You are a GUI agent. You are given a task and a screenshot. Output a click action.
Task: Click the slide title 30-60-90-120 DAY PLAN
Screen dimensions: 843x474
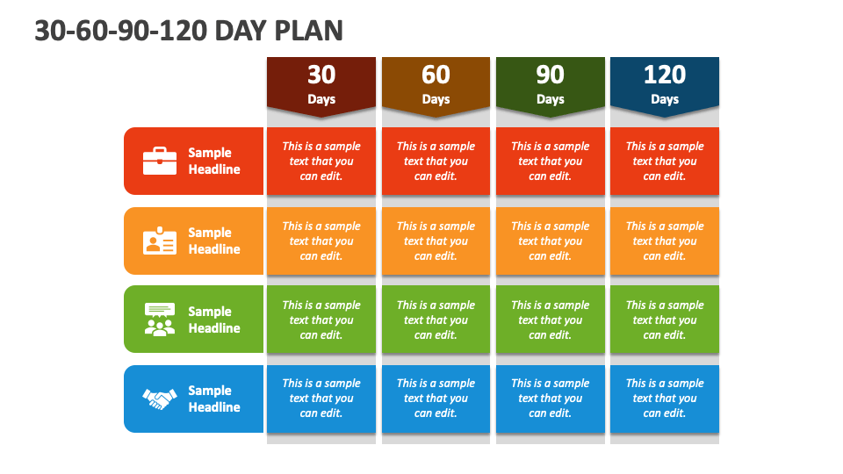[189, 31]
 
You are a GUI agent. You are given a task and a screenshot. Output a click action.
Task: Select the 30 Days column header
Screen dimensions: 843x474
[321, 86]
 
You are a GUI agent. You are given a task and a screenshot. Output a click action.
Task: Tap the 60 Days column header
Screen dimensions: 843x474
[436, 86]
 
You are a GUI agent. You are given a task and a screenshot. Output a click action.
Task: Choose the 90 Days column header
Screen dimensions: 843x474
[551, 86]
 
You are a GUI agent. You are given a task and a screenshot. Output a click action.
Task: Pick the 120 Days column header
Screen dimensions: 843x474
[665, 86]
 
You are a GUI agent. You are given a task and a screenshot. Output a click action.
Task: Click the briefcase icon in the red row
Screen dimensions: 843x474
[160, 161]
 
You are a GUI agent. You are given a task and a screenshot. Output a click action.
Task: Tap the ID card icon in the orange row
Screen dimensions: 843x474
[160, 241]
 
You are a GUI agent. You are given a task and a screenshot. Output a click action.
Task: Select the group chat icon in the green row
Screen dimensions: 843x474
[160, 320]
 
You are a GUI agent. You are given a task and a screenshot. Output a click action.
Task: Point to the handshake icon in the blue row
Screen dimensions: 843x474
[160, 399]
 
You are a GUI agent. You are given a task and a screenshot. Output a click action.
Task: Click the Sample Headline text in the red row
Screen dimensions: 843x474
[214, 161]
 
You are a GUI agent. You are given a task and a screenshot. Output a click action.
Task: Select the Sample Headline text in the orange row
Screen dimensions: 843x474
[214, 241]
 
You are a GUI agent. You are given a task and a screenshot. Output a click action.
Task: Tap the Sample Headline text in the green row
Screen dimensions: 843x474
[214, 320]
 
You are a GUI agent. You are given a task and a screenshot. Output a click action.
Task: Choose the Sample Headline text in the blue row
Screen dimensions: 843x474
[214, 399]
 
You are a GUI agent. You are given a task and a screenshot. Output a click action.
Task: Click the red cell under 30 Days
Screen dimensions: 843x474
[321, 161]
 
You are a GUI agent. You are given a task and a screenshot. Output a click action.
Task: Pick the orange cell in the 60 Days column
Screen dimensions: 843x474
[436, 241]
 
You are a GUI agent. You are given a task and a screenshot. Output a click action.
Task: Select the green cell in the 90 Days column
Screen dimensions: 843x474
[551, 320]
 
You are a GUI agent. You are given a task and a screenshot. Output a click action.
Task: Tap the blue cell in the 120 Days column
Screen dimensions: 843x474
[665, 399]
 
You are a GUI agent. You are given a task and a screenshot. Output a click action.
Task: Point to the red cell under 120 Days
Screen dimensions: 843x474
[665, 161]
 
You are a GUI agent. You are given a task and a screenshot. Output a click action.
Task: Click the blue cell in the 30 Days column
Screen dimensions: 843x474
[321, 399]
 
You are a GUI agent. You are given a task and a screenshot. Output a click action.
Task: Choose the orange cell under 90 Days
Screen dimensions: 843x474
[551, 241]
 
